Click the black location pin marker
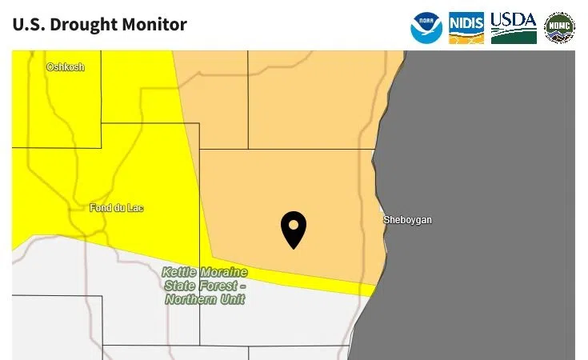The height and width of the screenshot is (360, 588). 294,229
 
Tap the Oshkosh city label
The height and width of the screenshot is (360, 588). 65,67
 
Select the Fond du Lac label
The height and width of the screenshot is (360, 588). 117,208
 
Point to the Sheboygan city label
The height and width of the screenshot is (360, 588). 407,220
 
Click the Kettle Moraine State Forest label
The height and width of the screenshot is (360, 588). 205,286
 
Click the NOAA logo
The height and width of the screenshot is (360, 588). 426,28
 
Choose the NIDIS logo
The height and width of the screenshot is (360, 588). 466,28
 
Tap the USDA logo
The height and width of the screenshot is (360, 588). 514,28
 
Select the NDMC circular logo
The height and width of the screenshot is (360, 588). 559,28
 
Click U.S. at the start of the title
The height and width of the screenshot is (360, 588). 27,25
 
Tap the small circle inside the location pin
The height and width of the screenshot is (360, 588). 294,224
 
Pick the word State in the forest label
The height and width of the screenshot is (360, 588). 181,286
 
